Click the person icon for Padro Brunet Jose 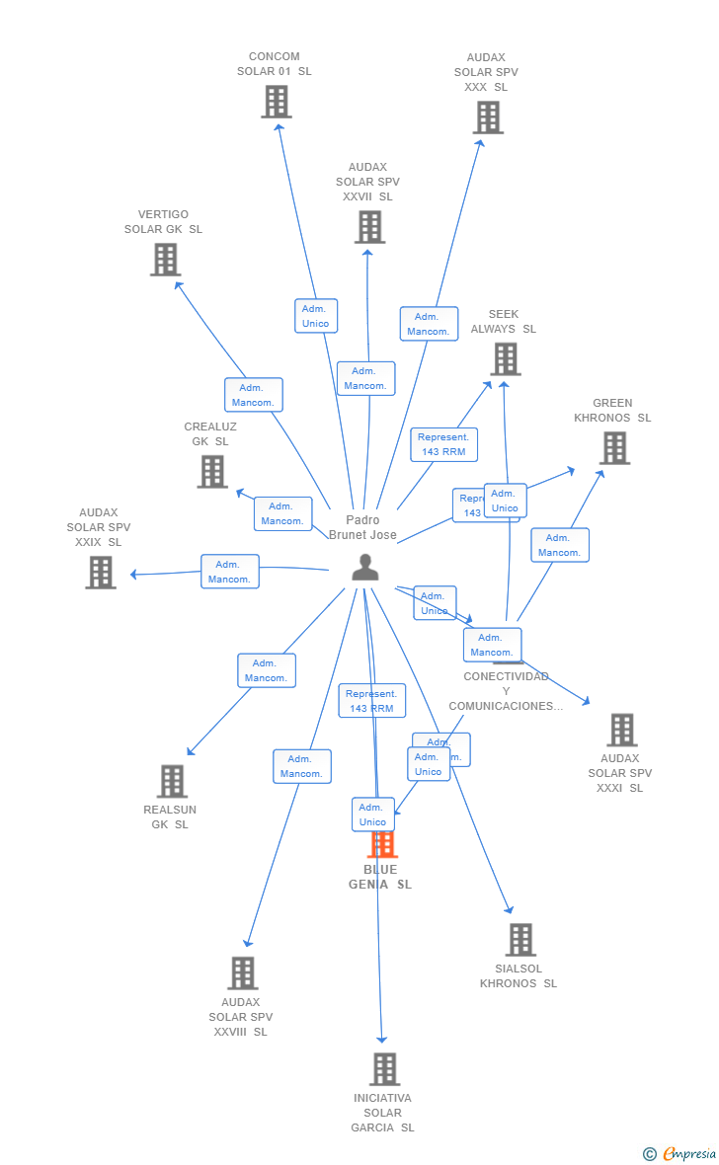pyautogui.click(x=365, y=568)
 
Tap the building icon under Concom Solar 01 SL pyautogui.click(x=277, y=101)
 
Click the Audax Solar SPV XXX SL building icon pyautogui.click(x=487, y=117)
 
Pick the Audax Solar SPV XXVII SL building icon pyautogui.click(x=369, y=227)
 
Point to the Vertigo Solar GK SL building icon pyautogui.click(x=165, y=260)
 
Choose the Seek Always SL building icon pyautogui.click(x=505, y=359)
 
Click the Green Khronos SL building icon pyautogui.click(x=614, y=448)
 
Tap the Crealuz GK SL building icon pyautogui.click(x=212, y=472)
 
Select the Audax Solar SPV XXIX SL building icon pyautogui.click(x=100, y=573)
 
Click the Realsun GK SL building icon pyautogui.click(x=172, y=781)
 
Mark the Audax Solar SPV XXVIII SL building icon pyautogui.click(x=242, y=973)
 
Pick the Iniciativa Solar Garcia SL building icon pyautogui.click(x=384, y=1069)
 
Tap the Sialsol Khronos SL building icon pyautogui.click(x=520, y=940)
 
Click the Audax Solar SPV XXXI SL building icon pyautogui.click(x=621, y=730)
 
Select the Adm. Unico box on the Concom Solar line pyautogui.click(x=316, y=316)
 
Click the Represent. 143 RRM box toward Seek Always pyautogui.click(x=444, y=444)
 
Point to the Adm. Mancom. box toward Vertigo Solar pyautogui.click(x=254, y=395)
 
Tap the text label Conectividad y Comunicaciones pyautogui.click(x=506, y=691)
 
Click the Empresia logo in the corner pyautogui.click(x=687, y=1153)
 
